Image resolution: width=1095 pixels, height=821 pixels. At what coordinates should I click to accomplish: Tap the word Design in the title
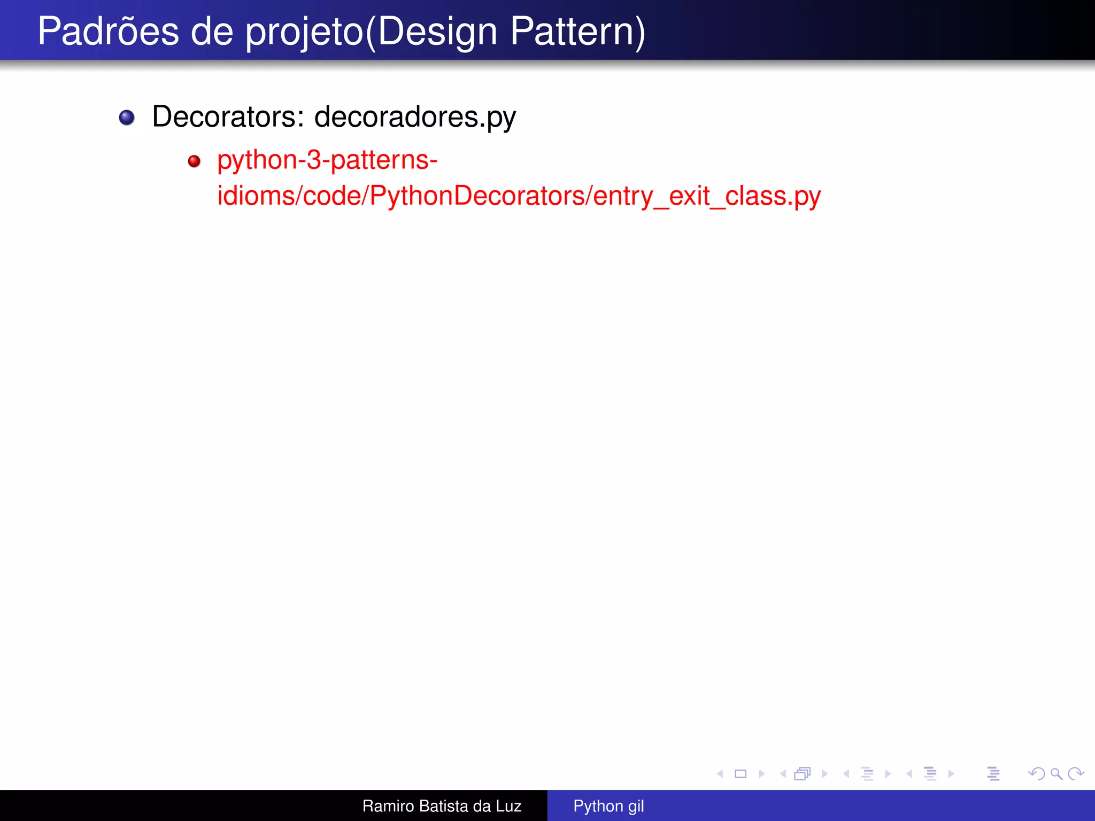437,32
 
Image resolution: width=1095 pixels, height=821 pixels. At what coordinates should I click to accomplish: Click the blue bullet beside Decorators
127,118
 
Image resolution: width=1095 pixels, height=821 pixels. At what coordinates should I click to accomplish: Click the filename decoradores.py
415,118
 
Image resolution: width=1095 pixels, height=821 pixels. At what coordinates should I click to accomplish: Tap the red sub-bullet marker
194,161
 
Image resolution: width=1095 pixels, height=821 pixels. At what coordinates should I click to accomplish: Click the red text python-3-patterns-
327,160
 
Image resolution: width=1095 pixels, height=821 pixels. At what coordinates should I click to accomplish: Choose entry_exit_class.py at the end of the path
707,196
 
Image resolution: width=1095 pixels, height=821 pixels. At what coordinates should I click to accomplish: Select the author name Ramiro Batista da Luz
442,806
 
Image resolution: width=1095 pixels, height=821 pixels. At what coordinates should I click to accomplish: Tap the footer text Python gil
608,806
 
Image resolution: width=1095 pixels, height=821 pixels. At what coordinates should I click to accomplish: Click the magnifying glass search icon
1056,773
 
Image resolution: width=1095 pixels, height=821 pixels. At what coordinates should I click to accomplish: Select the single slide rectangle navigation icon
741,773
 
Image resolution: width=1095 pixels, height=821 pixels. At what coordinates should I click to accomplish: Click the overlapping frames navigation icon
803,773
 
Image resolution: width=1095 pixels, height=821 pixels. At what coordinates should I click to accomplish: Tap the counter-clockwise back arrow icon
1037,773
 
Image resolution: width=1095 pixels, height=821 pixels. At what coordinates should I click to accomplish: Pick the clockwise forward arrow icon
1076,773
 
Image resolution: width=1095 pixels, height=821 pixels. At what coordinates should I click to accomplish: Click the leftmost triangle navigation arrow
720,773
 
